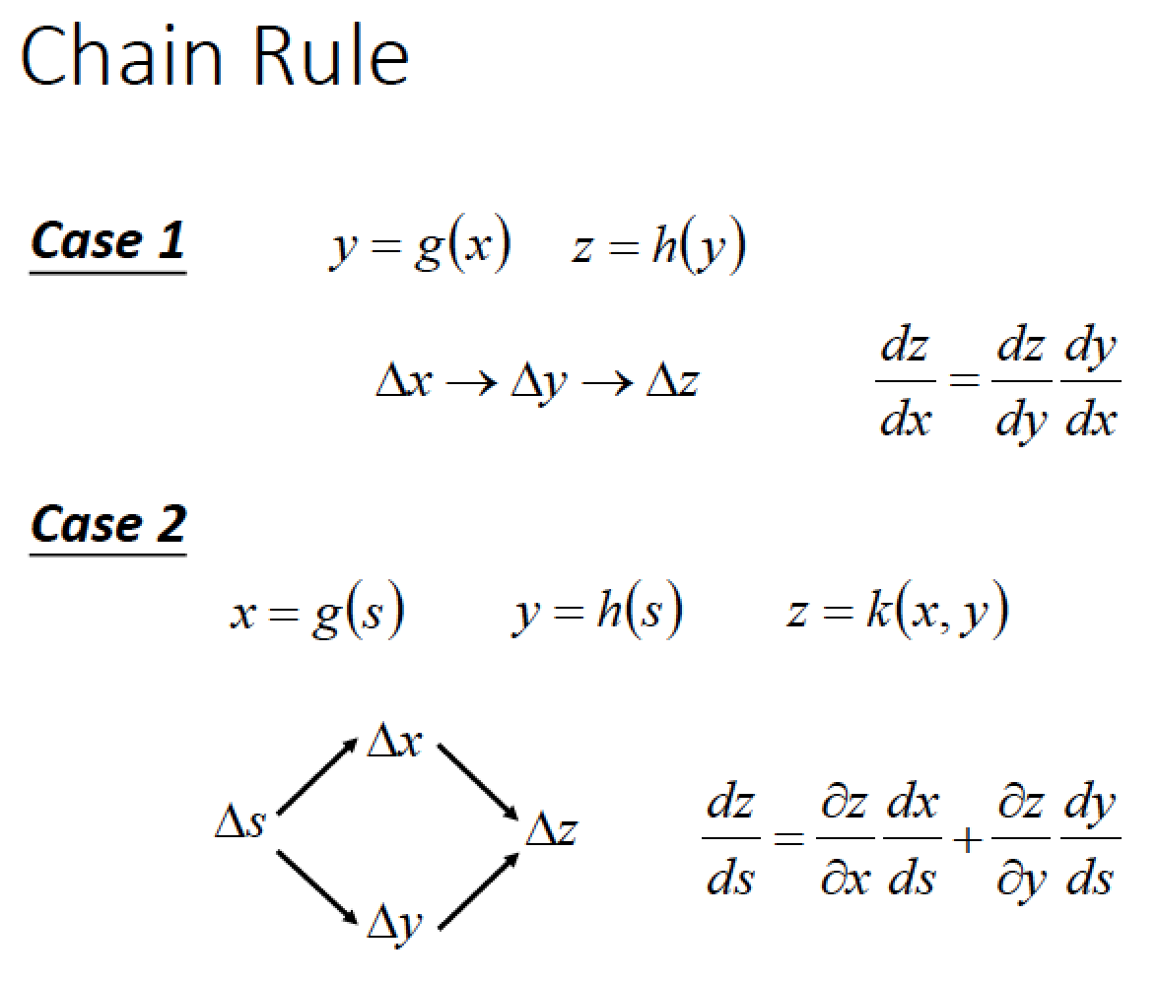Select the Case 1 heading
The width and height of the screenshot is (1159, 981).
(x=107, y=241)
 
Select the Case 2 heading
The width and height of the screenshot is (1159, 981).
(x=107, y=524)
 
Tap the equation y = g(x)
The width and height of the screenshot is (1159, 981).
(x=420, y=248)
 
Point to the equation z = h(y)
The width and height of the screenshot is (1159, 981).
(x=658, y=248)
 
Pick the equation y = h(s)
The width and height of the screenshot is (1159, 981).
(x=598, y=613)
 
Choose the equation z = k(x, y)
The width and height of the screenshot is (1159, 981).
(x=897, y=613)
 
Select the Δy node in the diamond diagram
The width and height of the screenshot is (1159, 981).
(x=394, y=922)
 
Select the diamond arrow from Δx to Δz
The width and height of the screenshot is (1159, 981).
(x=477, y=781)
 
